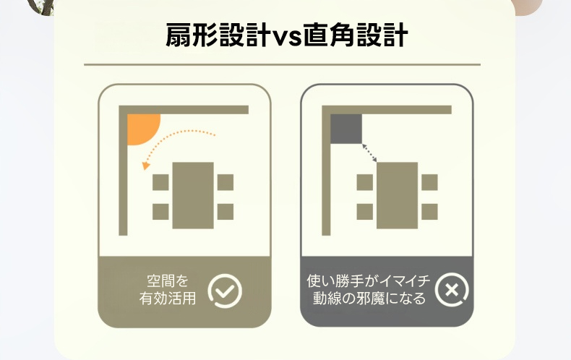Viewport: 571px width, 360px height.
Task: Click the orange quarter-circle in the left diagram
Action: click(x=141, y=127)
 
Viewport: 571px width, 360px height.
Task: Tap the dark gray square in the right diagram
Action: click(x=346, y=129)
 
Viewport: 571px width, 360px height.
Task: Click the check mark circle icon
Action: click(x=225, y=291)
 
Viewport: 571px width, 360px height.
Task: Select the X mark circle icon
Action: click(x=452, y=290)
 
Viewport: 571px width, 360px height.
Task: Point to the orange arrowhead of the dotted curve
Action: click(x=146, y=166)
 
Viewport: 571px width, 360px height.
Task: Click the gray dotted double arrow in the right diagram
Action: click(x=369, y=153)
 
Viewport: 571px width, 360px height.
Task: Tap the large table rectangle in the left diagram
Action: click(x=193, y=195)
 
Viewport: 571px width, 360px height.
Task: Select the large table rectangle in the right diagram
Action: click(x=397, y=195)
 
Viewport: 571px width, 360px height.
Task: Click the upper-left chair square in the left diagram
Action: click(x=160, y=182)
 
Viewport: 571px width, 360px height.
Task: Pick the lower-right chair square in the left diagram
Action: click(x=226, y=212)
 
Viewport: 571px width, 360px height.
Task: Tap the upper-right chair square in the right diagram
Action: click(x=430, y=182)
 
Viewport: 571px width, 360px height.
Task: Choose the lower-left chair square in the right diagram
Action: click(x=365, y=212)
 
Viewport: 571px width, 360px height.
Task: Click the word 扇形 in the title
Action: click(x=192, y=35)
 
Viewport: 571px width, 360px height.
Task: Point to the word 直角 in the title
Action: click(x=329, y=35)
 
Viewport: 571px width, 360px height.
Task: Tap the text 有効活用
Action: click(x=168, y=299)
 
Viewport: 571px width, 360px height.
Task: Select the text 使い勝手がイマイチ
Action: click(x=369, y=281)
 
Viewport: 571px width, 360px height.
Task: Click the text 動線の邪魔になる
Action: click(x=369, y=299)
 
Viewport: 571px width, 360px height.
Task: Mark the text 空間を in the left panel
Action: click(x=168, y=281)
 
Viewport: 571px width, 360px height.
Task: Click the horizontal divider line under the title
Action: click(x=282, y=64)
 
